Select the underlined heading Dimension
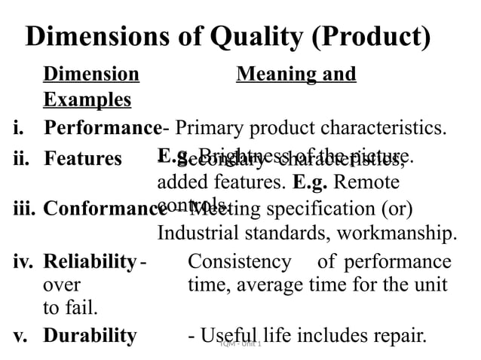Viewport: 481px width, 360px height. click(x=91, y=75)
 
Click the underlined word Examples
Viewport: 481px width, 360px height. click(x=87, y=100)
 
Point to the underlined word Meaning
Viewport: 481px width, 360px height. click(x=271, y=75)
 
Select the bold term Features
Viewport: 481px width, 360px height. click(x=83, y=159)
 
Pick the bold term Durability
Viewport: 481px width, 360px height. click(x=90, y=335)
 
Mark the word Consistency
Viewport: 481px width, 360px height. click(x=239, y=262)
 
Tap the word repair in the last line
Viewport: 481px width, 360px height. click(x=402, y=335)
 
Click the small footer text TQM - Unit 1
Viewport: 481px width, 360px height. click(x=240, y=343)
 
